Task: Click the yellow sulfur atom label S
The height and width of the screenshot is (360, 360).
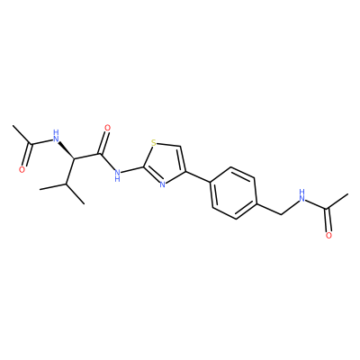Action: [x=154, y=142]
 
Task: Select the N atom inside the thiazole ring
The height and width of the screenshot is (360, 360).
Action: [x=162, y=184]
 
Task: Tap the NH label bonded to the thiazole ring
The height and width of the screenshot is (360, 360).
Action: [x=117, y=175]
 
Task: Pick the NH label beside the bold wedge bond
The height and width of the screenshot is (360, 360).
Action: [x=55, y=136]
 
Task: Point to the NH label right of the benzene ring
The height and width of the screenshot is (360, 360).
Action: [x=301, y=195]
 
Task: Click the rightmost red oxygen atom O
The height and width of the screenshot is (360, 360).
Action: [x=328, y=236]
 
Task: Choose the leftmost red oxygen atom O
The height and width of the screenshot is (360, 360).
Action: [x=22, y=170]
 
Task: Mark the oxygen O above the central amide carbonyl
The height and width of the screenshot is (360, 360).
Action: [x=107, y=128]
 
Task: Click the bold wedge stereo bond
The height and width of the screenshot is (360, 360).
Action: [x=66, y=149]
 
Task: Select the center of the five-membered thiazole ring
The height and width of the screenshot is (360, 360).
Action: [x=165, y=163]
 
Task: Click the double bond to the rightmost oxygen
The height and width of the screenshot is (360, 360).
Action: [x=328, y=220]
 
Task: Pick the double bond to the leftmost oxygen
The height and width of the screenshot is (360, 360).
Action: [x=26, y=155]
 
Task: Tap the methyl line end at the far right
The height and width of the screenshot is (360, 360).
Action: [x=347, y=194]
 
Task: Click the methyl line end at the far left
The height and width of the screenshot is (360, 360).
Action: [x=13, y=126]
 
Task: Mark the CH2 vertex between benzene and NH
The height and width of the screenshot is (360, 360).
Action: [x=282, y=214]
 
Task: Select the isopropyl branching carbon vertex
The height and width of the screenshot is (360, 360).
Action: [x=67, y=185]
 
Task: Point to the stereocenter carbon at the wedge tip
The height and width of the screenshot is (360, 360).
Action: [x=75, y=158]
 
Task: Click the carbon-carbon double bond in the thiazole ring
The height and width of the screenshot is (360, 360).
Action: [x=182, y=159]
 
